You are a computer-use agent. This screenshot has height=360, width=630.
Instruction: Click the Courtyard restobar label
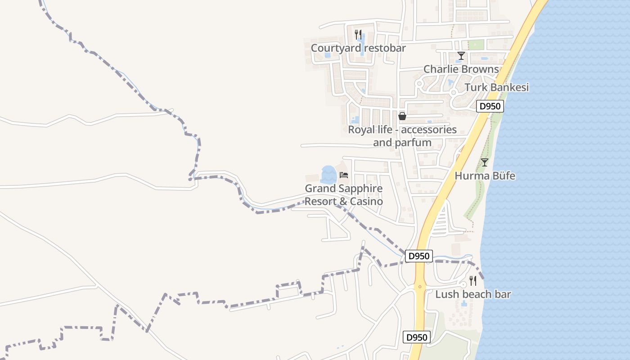358,48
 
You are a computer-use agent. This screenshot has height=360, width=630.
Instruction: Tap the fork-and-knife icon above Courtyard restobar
358,34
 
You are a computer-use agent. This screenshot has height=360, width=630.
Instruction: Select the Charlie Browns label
461,69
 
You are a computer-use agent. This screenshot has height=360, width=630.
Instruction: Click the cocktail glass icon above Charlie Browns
461,56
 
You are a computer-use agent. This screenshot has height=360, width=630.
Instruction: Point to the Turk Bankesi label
496,87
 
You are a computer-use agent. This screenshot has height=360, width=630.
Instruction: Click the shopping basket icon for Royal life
402,116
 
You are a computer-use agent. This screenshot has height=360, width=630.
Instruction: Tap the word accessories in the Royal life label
428,130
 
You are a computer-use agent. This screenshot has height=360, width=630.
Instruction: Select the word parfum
415,143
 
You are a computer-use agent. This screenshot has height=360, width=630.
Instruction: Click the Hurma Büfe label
485,176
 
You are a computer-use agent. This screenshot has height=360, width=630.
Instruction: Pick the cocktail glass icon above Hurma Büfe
484,162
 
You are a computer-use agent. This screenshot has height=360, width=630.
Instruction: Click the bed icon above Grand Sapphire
344,175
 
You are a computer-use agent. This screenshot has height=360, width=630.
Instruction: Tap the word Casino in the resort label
367,202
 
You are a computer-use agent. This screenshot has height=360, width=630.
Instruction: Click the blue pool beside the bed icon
328,174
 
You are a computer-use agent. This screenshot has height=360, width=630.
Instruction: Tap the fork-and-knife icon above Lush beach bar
473,281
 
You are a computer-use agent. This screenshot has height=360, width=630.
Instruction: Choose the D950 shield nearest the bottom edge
417,337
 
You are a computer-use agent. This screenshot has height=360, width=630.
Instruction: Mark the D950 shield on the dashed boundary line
419,256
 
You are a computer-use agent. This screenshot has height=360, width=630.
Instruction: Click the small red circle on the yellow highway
420,286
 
